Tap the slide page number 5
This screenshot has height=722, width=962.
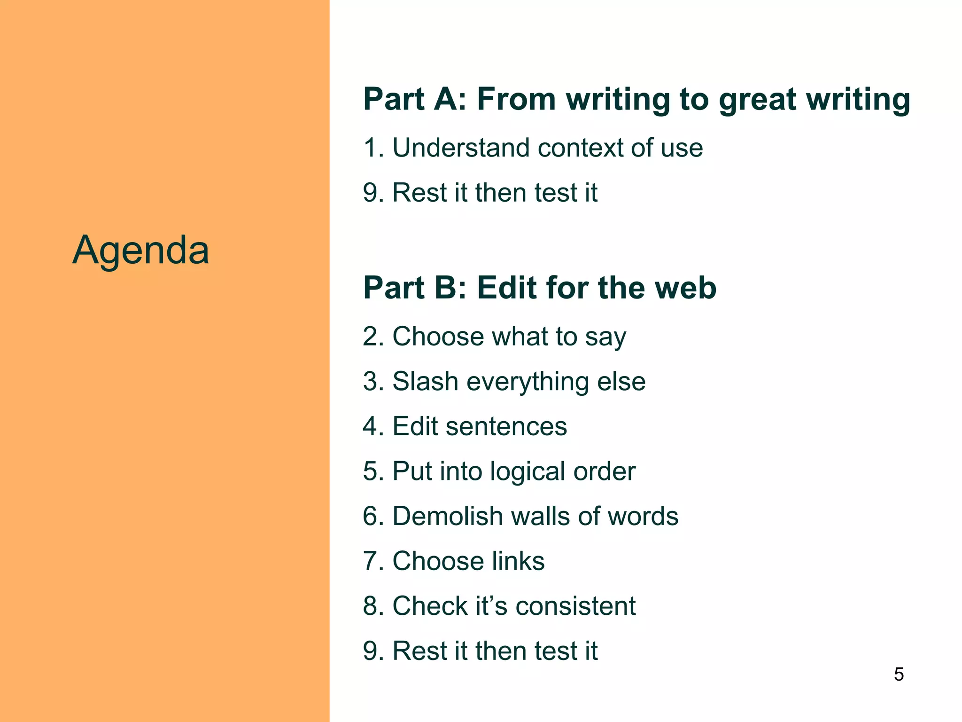coord(899,675)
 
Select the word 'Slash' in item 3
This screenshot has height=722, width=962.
coord(425,381)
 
